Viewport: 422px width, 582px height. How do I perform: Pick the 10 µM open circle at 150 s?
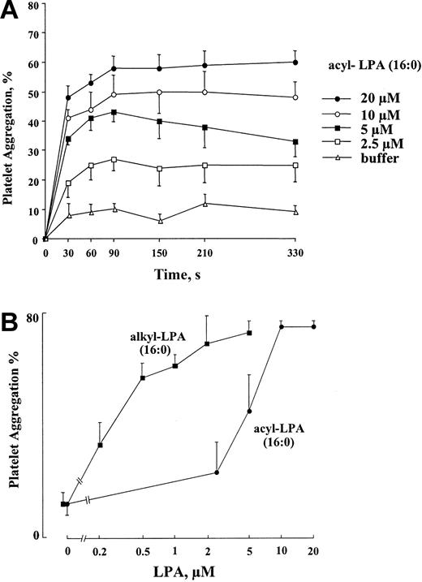pyautogui.click(x=160, y=92)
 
